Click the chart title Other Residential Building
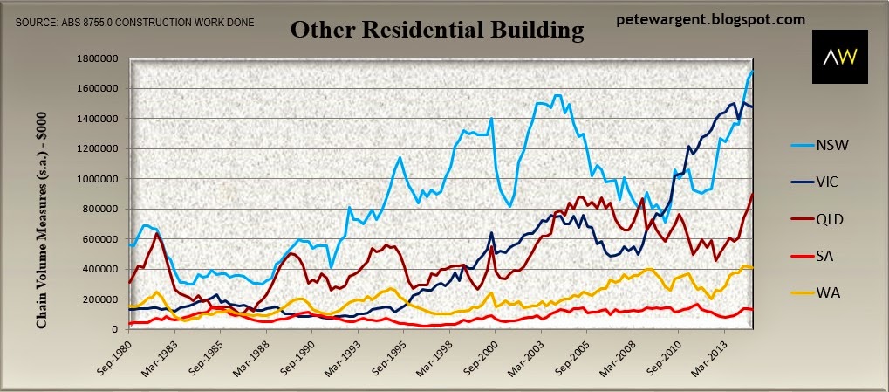436,31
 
